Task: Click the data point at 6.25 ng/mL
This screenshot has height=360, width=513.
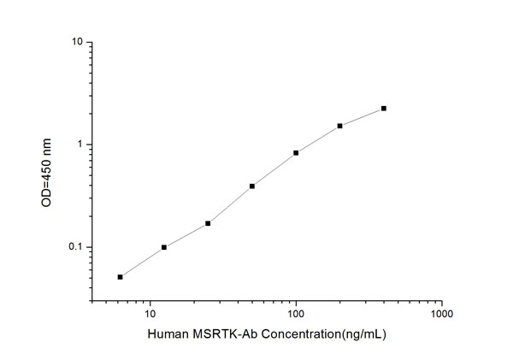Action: click(x=121, y=277)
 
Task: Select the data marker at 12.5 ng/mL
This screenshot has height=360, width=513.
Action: click(x=164, y=247)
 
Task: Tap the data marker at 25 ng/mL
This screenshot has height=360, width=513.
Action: click(x=208, y=223)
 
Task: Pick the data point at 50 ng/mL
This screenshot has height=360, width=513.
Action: click(x=252, y=186)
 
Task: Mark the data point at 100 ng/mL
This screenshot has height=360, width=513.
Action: click(x=296, y=153)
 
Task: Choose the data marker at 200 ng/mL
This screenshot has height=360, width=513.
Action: click(x=339, y=126)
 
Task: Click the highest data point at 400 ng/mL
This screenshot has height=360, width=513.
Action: click(x=384, y=109)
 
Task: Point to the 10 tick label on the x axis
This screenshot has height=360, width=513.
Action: click(x=150, y=314)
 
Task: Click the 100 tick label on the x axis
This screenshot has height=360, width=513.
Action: click(x=296, y=314)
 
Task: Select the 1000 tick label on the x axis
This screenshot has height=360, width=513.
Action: click(x=441, y=314)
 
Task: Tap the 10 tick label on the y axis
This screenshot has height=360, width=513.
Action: click(x=77, y=42)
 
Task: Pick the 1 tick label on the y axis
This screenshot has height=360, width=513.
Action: click(x=80, y=145)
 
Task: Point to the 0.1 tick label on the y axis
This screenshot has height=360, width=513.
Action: click(x=75, y=247)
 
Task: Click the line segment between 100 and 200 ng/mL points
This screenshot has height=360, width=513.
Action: click(x=318, y=139)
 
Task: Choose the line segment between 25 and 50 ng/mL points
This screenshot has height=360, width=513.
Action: click(x=230, y=204)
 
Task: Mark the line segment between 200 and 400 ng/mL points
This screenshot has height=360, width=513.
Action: click(x=362, y=117)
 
